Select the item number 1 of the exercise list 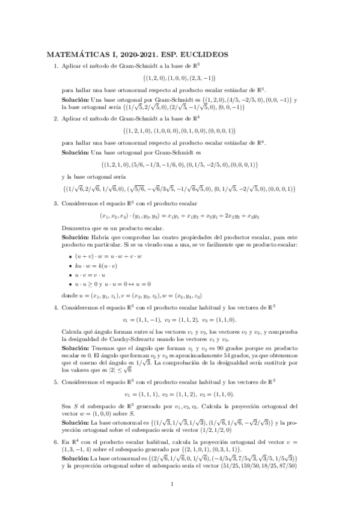coord(56,66)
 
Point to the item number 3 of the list coord(56,203)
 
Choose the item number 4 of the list coord(56,307)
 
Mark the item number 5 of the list coord(56,382)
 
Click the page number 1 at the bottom coord(172,483)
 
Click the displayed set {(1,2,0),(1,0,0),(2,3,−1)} coord(180,78)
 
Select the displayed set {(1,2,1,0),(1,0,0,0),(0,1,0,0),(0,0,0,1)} coord(180,131)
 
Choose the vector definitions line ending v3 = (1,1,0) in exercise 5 coord(180,395)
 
